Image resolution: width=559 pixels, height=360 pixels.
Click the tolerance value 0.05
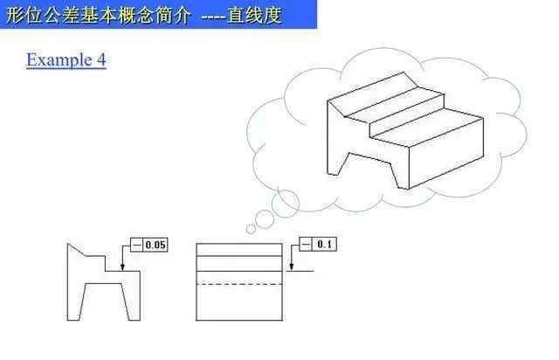pos(155,246)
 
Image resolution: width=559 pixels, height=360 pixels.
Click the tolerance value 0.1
pos(324,245)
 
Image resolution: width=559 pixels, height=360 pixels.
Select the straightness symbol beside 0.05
pos(137,246)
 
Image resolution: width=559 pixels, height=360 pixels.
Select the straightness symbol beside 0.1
pos(306,245)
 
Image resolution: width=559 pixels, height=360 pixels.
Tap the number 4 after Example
pos(101,59)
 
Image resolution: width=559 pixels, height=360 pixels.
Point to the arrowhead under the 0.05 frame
pos(122,267)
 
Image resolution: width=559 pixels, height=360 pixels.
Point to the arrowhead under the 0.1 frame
pos(291,267)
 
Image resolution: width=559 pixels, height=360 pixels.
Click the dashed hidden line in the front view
pos(239,284)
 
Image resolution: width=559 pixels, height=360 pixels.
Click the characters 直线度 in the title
pos(254,16)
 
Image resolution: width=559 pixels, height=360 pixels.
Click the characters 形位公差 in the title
pos(43,16)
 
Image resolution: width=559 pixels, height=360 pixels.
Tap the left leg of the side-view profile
pos(76,301)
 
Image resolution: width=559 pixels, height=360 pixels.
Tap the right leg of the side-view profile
pos(131,301)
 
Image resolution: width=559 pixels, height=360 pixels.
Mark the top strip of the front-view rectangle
pos(239,250)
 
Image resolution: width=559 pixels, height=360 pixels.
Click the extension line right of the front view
pos(300,271)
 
